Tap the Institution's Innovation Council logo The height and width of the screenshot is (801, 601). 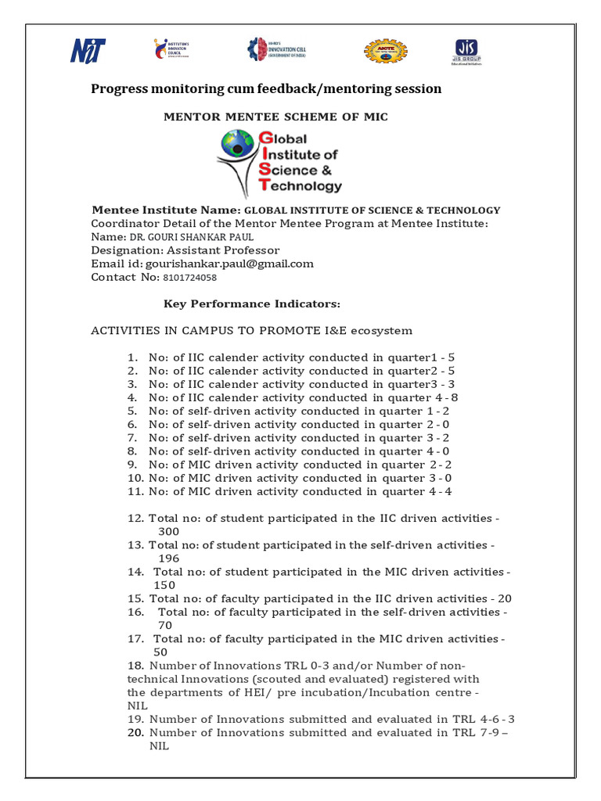click(x=171, y=49)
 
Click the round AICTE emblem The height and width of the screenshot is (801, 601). click(x=380, y=51)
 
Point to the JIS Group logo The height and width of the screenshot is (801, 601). click(x=467, y=52)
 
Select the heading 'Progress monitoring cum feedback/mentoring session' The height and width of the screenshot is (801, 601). click(x=266, y=89)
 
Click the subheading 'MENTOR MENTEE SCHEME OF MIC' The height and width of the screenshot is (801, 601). click(x=275, y=117)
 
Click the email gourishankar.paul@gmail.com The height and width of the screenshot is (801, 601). click(x=224, y=264)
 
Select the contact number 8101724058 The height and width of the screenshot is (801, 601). click(x=189, y=278)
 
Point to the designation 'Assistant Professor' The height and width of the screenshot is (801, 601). click(x=223, y=250)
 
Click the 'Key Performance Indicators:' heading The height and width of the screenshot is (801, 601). click(x=251, y=304)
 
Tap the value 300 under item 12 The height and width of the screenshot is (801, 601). click(x=168, y=532)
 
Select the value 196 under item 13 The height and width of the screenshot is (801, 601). click(x=168, y=559)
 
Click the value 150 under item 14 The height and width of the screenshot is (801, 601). click(x=164, y=585)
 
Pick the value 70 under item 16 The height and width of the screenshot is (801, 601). click(x=165, y=626)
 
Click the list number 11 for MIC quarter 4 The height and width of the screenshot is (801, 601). click(x=132, y=492)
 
